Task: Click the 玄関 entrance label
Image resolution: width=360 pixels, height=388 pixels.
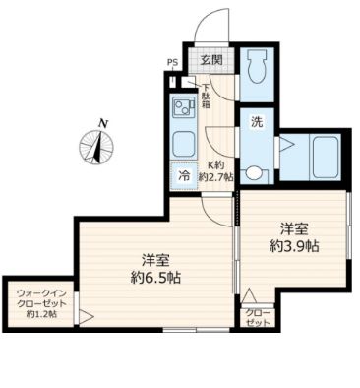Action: tap(211, 59)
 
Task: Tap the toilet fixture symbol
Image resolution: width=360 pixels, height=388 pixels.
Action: tap(257, 66)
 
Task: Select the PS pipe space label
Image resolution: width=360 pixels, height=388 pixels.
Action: tap(172, 62)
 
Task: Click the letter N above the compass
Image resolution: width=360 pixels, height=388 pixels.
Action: tap(103, 124)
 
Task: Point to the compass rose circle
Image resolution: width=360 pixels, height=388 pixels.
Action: tap(96, 147)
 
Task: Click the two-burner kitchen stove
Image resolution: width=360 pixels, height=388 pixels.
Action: tap(183, 106)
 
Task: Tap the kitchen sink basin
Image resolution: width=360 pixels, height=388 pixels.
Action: tap(184, 145)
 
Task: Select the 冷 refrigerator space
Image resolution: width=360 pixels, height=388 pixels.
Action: tap(184, 176)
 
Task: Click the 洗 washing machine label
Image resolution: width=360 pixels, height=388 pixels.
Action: tap(257, 122)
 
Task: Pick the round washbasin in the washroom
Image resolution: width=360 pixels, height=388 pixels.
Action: tap(253, 173)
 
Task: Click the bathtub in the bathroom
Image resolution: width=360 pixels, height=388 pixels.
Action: tap(326, 157)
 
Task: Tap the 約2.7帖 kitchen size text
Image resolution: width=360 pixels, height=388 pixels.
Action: tap(216, 177)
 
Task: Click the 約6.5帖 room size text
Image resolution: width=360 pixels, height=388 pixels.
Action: tap(155, 279)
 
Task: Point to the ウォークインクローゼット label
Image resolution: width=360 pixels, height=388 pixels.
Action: tap(41, 303)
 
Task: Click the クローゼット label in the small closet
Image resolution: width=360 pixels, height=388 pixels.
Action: tap(258, 317)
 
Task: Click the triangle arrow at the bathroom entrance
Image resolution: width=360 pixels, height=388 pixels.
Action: tap(287, 144)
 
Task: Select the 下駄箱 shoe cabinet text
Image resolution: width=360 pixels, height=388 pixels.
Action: tap(206, 96)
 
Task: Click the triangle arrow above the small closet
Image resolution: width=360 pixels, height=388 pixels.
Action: tap(250, 295)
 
